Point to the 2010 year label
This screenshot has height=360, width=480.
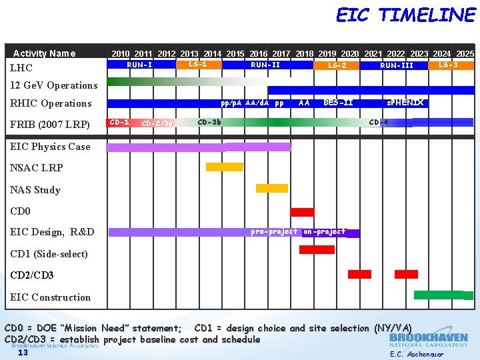click(121, 53)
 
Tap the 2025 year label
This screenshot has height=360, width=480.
click(464, 53)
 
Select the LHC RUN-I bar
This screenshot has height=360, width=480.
click(139, 65)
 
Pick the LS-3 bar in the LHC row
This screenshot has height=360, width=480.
click(448, 65)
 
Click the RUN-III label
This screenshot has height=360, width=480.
click(397, 65)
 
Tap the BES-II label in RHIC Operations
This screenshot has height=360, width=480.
click(338, 103)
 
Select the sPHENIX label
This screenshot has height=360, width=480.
click(405, 103)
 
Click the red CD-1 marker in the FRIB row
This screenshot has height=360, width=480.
click(119, 122)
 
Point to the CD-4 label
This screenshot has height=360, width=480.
click(379, 122)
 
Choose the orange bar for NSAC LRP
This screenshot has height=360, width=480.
click(224, 167)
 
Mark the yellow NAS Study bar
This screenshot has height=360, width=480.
click(272, 189)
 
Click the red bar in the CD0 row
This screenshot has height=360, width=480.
click(302, 212)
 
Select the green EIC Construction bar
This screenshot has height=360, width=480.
click(439, 295)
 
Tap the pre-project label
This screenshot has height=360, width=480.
click(274, 232)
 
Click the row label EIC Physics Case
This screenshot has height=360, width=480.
click(50, 147)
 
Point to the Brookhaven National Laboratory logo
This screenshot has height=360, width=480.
click(429, 340)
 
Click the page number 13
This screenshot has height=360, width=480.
click(23, 353)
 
